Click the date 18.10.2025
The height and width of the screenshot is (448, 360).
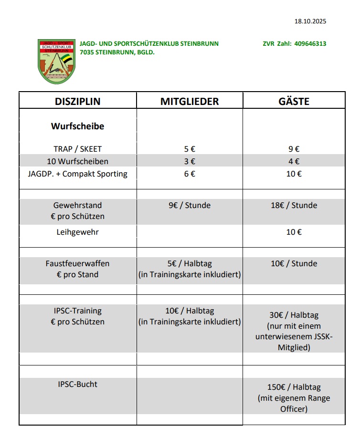tap(310, 21)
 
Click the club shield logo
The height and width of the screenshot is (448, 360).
tap(57, 62)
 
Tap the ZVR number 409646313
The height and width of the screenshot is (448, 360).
tap(310, 43)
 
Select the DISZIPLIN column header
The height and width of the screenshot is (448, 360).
tap(78, 101)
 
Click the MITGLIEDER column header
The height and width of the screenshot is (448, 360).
tap(190, 101)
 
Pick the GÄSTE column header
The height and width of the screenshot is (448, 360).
tap(294, 101)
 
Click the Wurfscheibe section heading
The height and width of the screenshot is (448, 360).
tap(77, 126)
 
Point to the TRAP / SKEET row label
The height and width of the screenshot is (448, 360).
tap(77, 149)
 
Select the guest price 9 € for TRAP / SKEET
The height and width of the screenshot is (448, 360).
tap(294, 149)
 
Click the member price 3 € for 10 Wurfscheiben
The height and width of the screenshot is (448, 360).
tap(190, 161)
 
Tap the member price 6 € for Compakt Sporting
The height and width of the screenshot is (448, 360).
tap(190, 174)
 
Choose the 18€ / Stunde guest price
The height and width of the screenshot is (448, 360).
tap(294, 205)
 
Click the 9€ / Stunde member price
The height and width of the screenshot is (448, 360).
tap(190, 205)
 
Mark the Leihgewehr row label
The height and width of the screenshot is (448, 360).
tap(77, 232)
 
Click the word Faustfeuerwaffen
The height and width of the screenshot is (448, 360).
tap(77, 263)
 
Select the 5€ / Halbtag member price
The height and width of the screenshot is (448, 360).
tap(190, 263)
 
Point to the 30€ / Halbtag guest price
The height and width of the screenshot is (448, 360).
tap(294, 315)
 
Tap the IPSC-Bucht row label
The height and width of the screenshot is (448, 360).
tap(77, 384)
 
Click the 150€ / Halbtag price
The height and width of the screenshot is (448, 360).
tap(294, 387)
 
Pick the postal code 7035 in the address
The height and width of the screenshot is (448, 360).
tap(88, 52)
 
